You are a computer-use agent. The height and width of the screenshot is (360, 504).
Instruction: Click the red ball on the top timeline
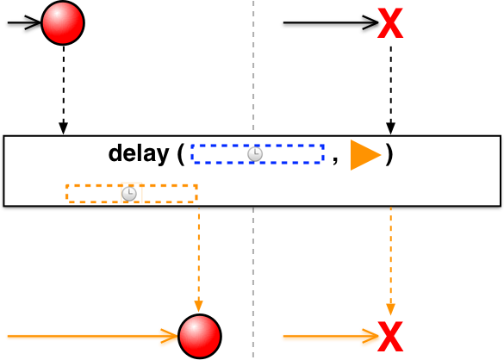[x=63, y=22]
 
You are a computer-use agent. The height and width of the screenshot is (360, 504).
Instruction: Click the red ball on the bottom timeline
[x=200, y=336]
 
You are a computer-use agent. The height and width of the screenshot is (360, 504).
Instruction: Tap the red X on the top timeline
[x=390, y=23]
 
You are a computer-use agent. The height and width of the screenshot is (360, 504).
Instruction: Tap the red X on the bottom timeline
[x=390, y=337]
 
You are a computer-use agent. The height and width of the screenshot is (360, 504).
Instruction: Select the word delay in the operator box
[x=139, y=153]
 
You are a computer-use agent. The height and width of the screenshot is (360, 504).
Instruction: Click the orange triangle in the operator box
[x=365, y=155]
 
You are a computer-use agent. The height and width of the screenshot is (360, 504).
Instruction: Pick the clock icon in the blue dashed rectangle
[x=255, y=154]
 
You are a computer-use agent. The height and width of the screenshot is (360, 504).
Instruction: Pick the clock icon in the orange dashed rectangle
[x=129, y=194]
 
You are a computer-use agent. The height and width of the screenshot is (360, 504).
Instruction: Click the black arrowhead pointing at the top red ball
[x=34, y=22]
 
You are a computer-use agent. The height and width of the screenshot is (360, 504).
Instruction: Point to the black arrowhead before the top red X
[x=371, y=22]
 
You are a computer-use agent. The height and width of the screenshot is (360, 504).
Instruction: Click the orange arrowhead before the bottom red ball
[x=170, y=336]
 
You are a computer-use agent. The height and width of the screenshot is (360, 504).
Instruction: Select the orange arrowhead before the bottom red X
[x=371, y=336]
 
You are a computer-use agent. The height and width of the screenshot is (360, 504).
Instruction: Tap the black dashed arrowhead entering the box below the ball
[x=63, y=128]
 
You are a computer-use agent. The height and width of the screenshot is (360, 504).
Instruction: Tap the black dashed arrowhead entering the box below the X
[x=390, y=128]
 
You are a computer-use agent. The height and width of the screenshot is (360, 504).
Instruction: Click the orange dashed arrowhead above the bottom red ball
[x=199, y=306]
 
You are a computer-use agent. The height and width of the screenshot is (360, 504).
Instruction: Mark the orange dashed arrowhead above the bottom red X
[x=390, y=308]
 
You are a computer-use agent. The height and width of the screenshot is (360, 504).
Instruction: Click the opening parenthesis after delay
[x=181, y=154]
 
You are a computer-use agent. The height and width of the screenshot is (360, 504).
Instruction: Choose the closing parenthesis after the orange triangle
[x=389, y=154]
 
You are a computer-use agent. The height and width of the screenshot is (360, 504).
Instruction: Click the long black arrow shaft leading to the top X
[x=331, y=22]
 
